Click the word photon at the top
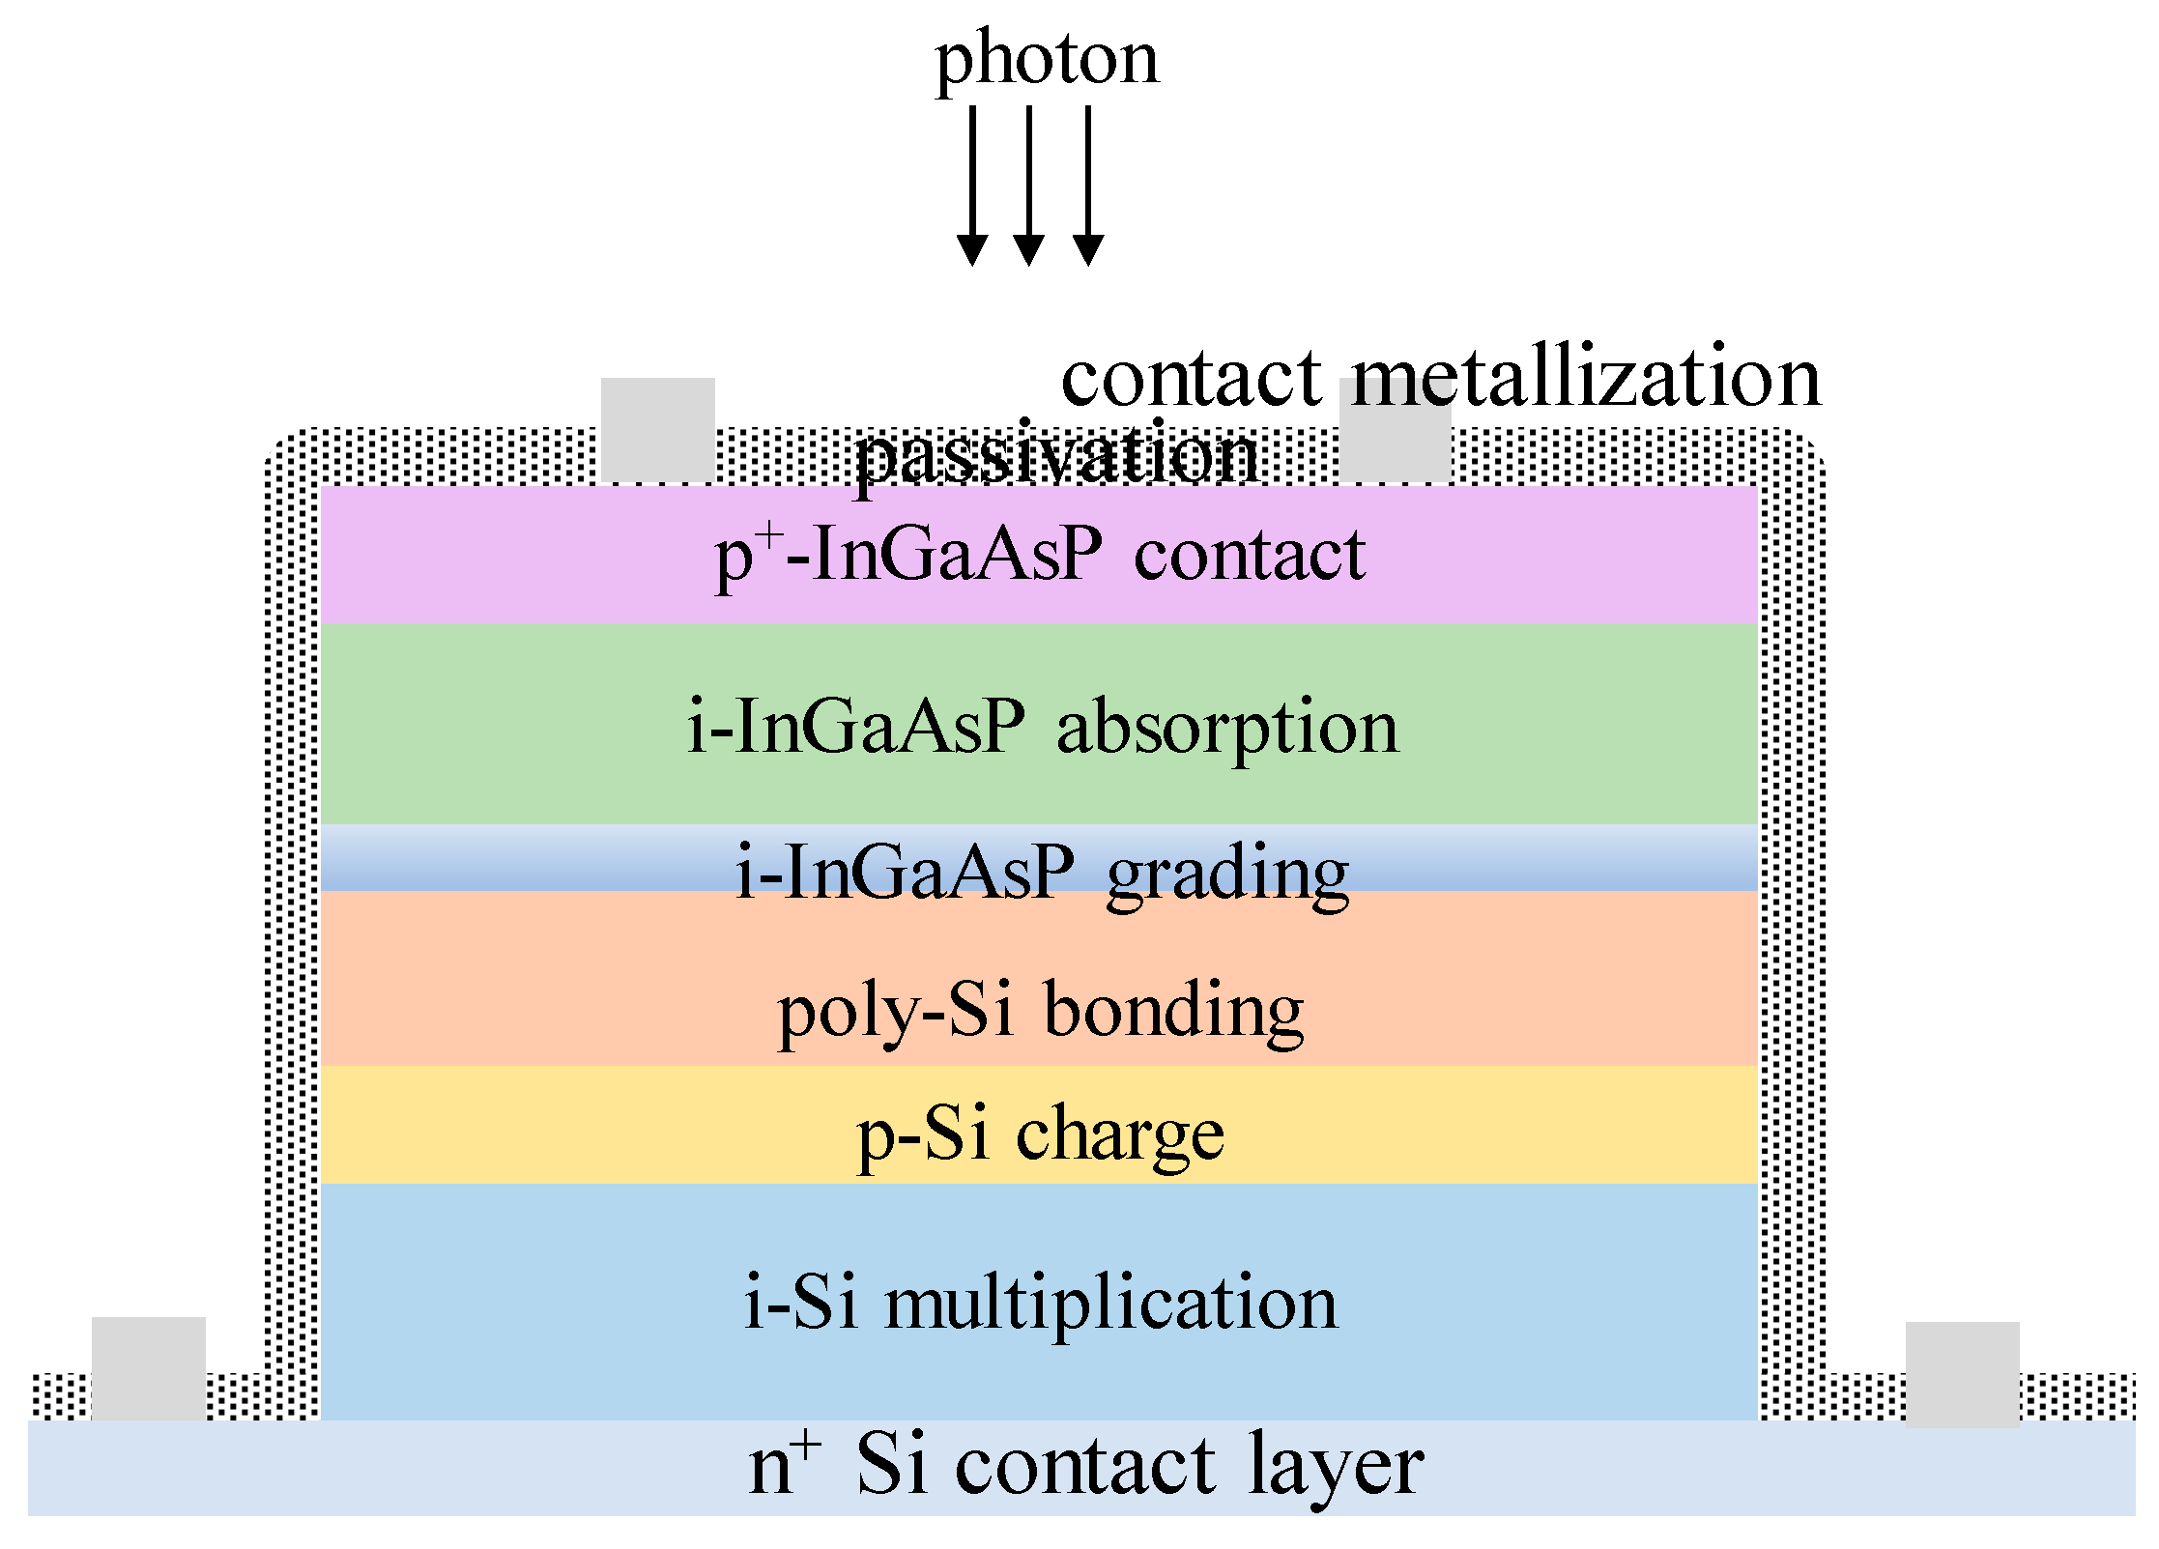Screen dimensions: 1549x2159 click(x=1046, y=60)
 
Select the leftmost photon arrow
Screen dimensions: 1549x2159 click(x=971, y=184)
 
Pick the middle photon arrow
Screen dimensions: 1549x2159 click(x=1028, y=184)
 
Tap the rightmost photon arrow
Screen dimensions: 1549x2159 click(x=1088, y=184)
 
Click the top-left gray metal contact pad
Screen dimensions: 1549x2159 click(x=657, y=429)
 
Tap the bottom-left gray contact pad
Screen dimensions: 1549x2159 click(x=148, y=1366)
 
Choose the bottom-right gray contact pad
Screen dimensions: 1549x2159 click(x=1962, y=1372)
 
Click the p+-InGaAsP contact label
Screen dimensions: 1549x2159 click(x=1039, y=555)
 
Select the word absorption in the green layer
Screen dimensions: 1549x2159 click(x=1227, y=727)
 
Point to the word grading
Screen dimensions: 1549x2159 click(x=1227, y=873)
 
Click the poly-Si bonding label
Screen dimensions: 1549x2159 click(x=1040, y=1011)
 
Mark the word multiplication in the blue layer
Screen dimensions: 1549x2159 click(x=1111, y=1303)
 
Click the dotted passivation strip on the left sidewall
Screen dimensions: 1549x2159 click(x=291, y=918)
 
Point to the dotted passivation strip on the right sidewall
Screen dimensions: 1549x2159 click(x=1791, y=918)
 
